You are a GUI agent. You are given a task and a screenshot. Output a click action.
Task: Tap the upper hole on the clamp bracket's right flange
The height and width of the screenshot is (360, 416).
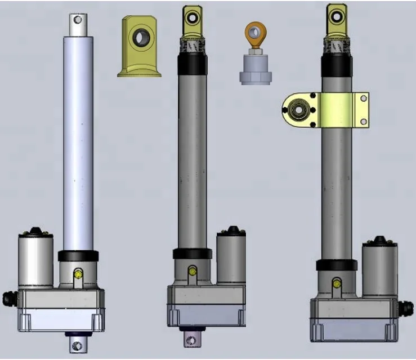point(363,99)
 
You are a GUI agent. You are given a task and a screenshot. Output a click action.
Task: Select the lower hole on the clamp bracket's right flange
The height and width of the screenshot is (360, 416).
point(363,121)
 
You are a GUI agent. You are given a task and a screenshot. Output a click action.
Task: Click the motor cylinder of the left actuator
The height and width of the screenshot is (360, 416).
point(36,261)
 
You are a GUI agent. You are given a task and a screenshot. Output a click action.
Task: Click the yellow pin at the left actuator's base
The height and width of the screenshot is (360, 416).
point(78,274)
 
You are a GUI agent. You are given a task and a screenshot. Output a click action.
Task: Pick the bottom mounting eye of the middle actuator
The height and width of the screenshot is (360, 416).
point(192,339)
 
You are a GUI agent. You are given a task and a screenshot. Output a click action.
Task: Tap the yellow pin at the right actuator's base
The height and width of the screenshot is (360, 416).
point(337,283)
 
